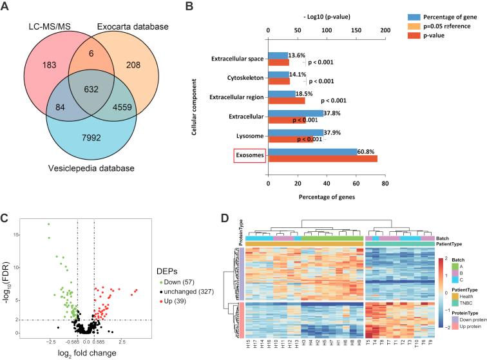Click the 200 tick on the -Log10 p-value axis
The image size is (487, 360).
tap(385, 31)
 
